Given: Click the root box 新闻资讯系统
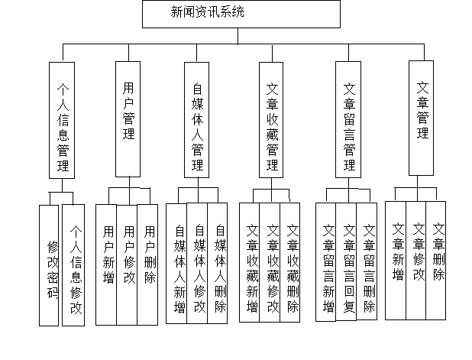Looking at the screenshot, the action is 241,14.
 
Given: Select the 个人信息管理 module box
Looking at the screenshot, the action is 62,120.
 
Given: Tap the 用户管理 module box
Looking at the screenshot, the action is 128,119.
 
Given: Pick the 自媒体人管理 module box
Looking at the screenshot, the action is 196,120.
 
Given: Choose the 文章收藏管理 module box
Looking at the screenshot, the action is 271,120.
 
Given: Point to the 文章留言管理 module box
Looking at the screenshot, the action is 348,119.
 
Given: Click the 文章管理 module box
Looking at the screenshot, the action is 421,118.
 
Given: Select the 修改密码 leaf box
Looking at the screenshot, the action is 49,265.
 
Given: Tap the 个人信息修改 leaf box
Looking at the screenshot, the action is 73,265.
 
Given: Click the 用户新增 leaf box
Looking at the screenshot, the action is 106,264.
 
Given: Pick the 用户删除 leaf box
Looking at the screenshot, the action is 147,264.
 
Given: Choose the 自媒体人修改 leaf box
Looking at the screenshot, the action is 197,263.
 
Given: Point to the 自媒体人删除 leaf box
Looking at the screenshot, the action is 218,263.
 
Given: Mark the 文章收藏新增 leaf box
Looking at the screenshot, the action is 250,262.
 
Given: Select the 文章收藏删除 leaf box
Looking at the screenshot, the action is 290,262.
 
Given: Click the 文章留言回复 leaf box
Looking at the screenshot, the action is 346,262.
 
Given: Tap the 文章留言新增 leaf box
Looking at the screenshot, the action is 325,262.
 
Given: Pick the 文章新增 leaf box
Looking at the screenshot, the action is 396,261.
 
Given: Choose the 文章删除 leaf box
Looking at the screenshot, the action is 436,261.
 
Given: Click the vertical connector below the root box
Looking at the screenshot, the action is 238,36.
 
